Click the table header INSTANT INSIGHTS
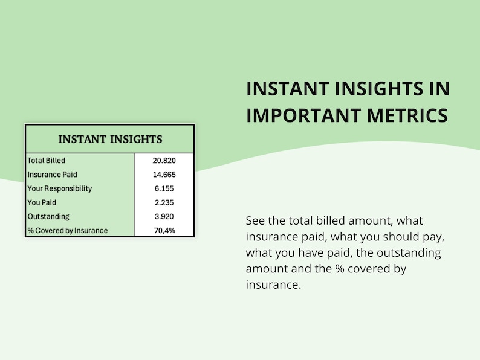[110, 139]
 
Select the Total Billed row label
[46, 161]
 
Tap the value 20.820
[164, 161]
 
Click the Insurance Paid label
[53, 175]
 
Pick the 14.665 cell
[164, 175]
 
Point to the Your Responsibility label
[60, 188]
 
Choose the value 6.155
[164, 188]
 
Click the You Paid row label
[42, 202]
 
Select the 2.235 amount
[164, 202]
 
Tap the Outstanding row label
[48, 217]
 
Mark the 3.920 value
[164, 217]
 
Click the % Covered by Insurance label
[68, 231]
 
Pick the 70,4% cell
[164, 231]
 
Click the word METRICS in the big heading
[407, 115]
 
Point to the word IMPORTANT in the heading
[303, 115]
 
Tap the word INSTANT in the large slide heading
[287, 89]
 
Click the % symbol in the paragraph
[340, 269]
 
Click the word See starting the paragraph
[255, 220]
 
